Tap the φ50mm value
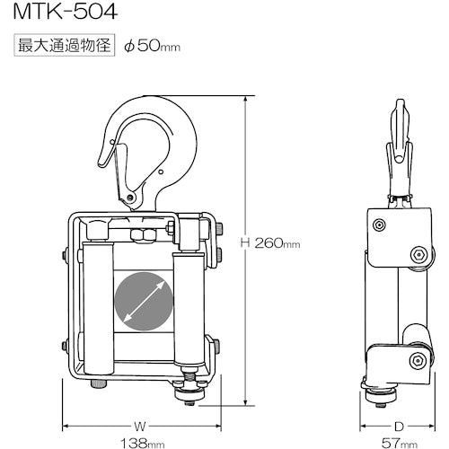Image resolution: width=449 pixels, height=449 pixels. click(154, 46)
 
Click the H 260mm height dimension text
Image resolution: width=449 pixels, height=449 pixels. click(269, 242)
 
